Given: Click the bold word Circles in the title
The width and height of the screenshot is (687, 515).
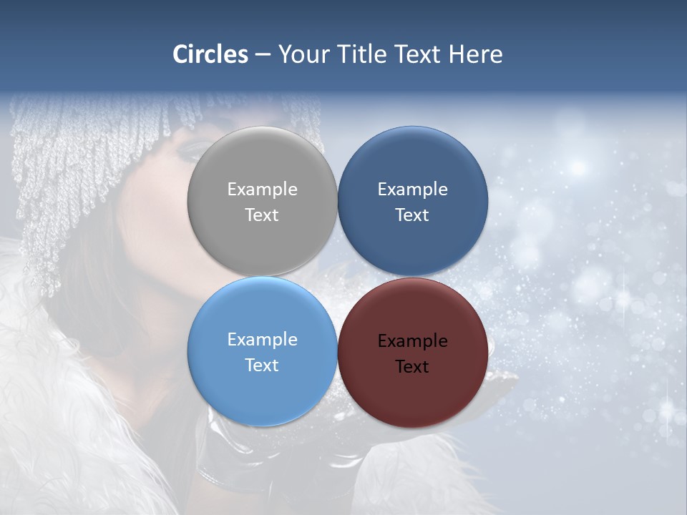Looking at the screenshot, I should click(210, 54).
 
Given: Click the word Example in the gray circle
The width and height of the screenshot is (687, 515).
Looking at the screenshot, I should click(262, 190).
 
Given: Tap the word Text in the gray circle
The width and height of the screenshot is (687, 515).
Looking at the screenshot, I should click(262, 215).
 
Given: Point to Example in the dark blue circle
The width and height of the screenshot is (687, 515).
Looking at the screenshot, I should click(412, 190).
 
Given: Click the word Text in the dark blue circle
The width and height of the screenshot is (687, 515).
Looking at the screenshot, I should click(412, 215).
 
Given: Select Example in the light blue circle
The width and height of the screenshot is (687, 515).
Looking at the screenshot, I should click(262, 340).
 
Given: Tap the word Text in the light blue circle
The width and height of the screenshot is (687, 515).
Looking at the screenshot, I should click(262, 366).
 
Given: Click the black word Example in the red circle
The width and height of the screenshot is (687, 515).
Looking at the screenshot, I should click(412, 341).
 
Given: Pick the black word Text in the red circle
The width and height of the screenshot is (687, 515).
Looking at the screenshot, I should click(412, 367).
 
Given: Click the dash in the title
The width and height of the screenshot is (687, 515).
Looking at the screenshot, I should click(262, 54).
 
